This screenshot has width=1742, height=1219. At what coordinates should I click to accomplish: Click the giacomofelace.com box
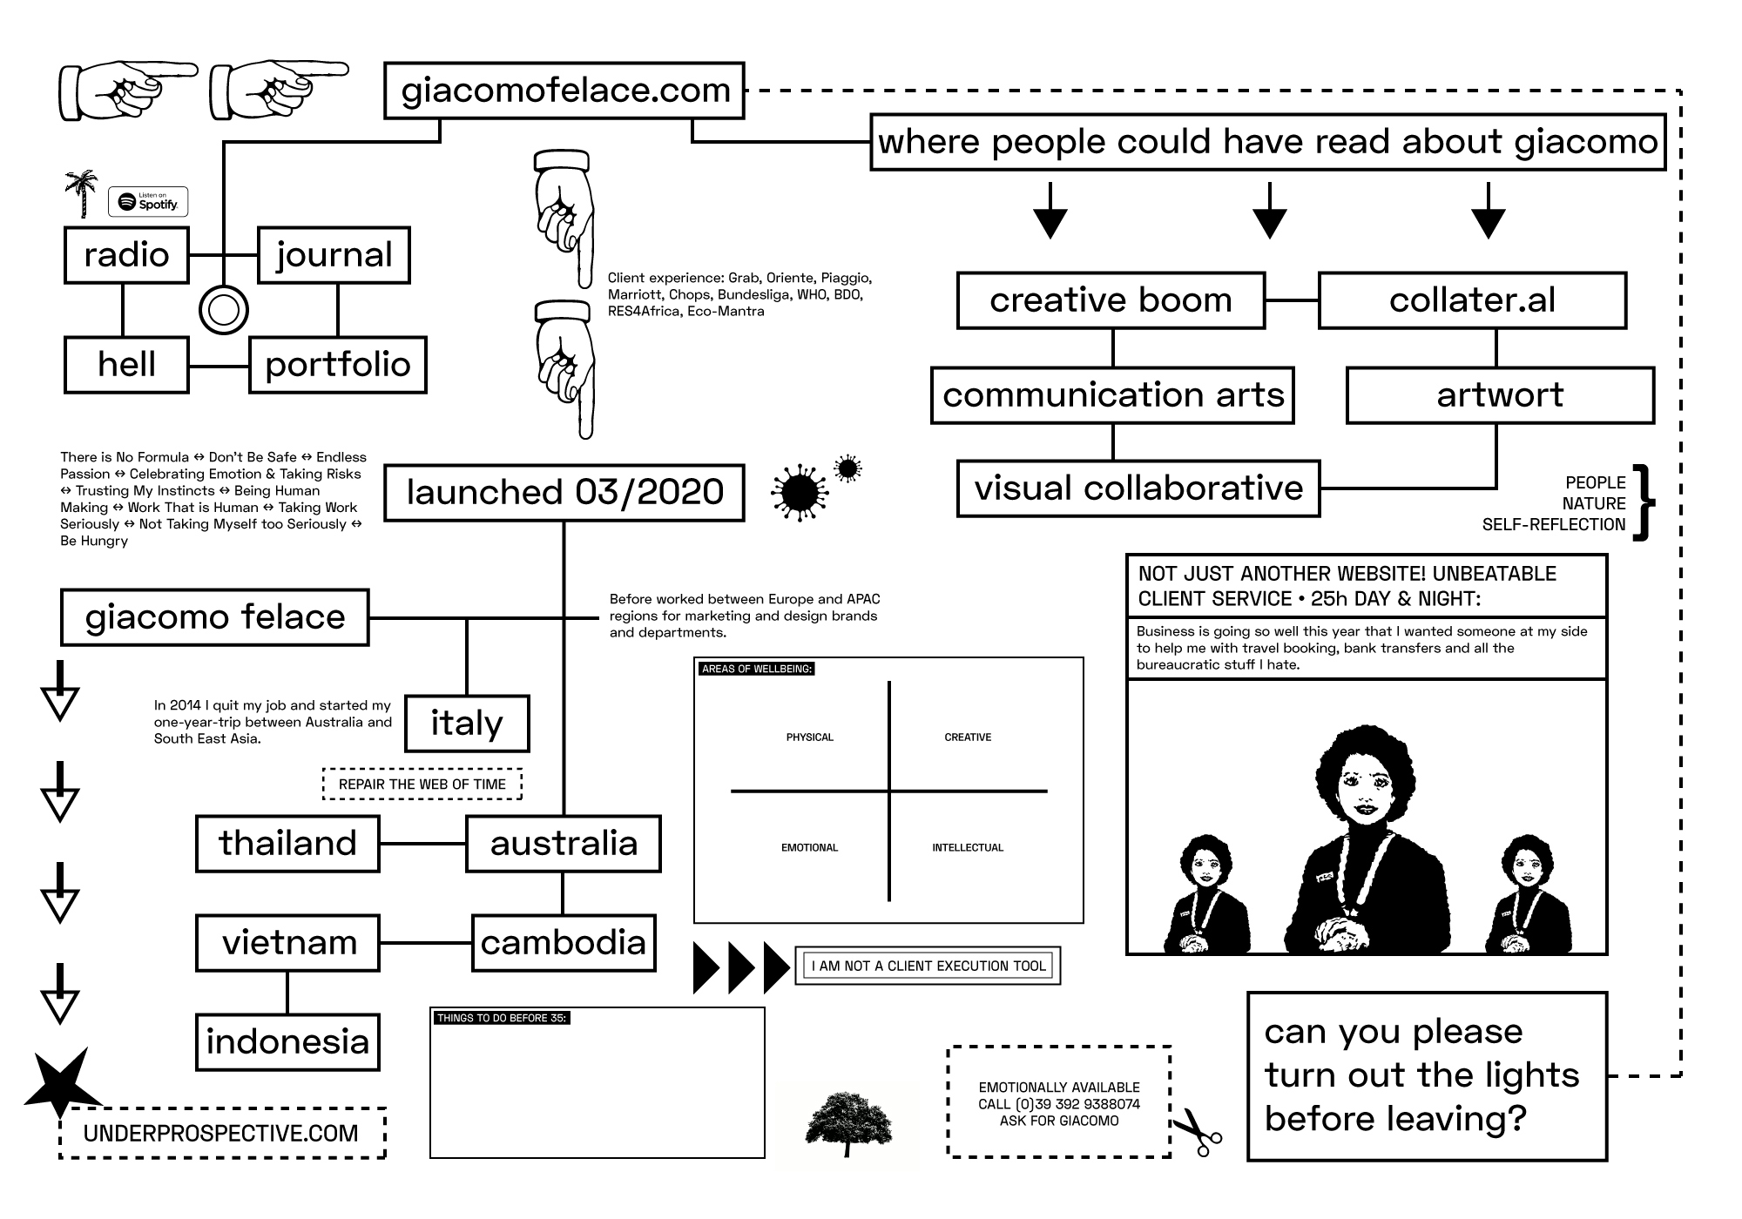[x=564, y=91]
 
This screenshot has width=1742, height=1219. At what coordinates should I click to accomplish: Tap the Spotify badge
[x=148, y=202]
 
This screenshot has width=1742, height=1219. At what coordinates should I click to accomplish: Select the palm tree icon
[x=82, y=192]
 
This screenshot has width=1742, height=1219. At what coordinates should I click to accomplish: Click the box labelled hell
[x=126, y=365]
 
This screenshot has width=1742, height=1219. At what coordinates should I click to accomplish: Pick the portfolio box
[x=337, y=365]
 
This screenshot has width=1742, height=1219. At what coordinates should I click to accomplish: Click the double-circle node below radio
[x=224, y=310]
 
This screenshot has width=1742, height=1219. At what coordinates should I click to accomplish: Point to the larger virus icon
[x=799, y=493]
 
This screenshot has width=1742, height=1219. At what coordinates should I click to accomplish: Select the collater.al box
[x=1472, y=300]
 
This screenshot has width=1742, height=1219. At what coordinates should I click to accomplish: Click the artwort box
[x=1500, y=395]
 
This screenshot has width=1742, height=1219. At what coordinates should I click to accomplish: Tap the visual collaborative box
[x=1138, y=488]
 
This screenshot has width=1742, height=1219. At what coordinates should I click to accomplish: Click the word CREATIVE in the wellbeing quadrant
[x=968, y=737]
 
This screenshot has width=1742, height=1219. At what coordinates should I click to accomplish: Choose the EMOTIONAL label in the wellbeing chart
[x=809, y=848]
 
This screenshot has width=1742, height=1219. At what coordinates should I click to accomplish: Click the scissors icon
[x=1198, y=1132]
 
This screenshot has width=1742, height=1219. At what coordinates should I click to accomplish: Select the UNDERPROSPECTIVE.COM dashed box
[x=222, y=1134]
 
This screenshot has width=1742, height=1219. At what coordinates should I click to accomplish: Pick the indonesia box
[x=287, y=1042]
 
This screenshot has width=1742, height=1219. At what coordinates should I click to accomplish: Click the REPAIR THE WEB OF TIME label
[x=422, y=785]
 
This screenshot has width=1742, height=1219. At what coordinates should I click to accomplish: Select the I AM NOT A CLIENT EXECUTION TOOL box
[x=928, y=966]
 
